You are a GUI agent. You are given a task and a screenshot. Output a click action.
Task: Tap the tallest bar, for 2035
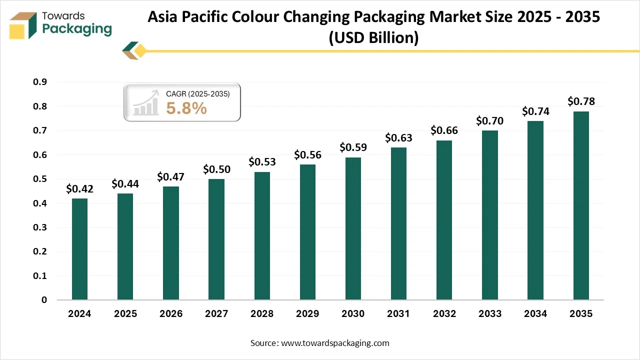581,205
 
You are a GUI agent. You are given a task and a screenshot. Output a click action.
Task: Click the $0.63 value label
398,137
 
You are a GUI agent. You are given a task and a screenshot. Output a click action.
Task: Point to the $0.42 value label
79,188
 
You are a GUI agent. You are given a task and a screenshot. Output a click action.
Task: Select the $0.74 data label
535,111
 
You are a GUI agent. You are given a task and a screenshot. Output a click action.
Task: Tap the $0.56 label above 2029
307,154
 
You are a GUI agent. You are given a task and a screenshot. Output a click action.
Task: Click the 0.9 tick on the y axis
40,82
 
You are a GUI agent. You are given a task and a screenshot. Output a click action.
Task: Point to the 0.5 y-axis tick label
40,179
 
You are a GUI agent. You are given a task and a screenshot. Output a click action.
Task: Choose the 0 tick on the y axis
44,300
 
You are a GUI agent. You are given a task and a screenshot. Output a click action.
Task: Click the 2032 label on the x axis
444,314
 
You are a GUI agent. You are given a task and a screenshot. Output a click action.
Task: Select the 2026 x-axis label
170,314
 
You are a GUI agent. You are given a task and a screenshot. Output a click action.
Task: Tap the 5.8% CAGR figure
186,108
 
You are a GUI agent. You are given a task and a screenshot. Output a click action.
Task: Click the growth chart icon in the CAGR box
145,104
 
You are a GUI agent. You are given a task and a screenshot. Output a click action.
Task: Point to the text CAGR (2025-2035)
197,93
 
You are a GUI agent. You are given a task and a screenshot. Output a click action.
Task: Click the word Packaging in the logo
77,29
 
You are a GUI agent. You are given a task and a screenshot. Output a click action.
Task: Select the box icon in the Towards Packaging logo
23,26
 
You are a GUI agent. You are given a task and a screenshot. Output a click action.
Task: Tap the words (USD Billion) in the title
373,37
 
